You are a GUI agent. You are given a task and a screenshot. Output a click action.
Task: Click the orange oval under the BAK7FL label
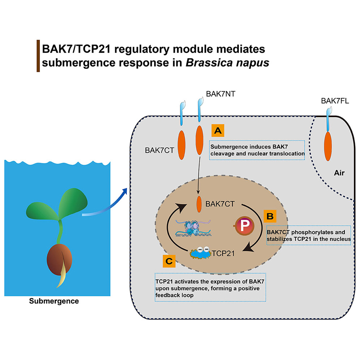[x=328, y=145]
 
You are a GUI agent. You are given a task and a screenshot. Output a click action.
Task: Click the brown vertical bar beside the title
[x=38, y=56]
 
